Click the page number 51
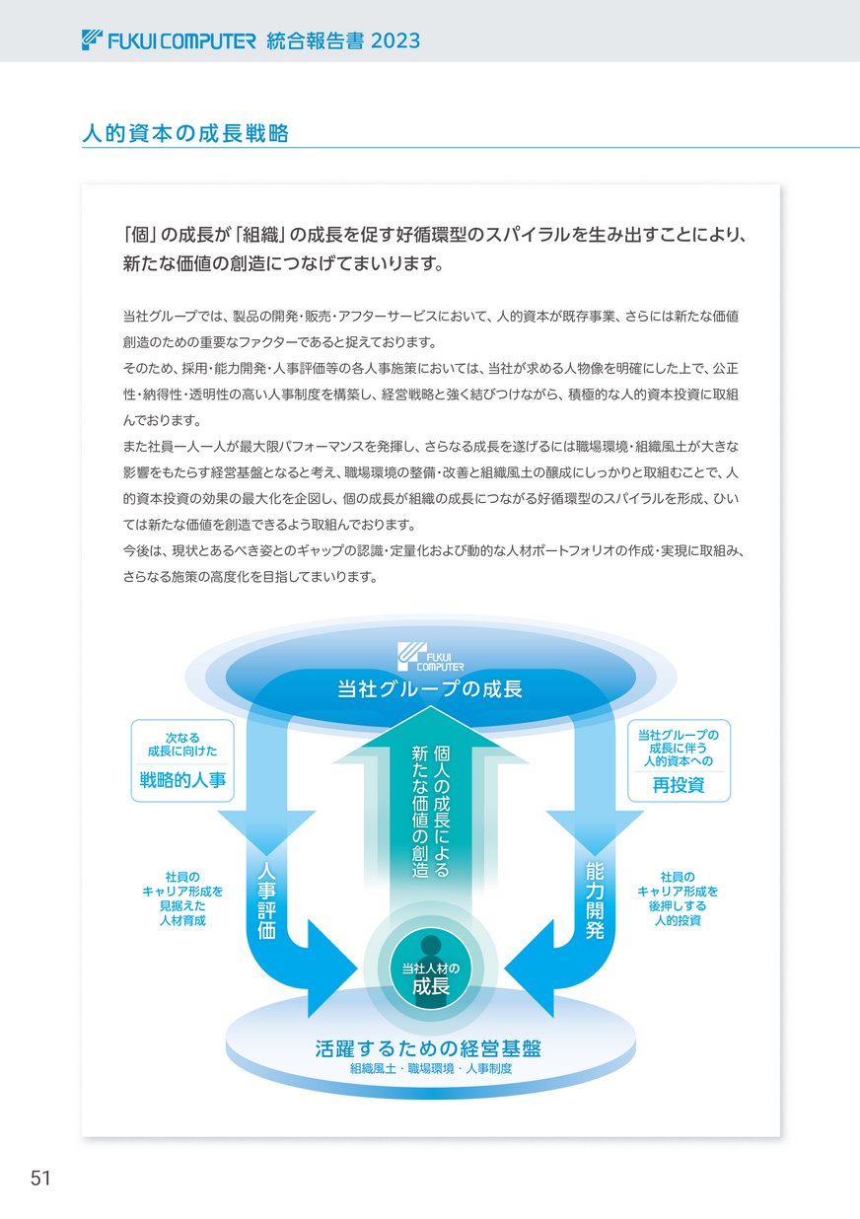(40, 1179)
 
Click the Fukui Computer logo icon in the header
(92, 40)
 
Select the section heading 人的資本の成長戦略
(185, 133)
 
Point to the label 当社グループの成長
(430, 689)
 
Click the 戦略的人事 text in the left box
(182, 780)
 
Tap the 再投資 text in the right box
(679, 785)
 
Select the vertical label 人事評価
(266, 899)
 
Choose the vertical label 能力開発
(595, 899)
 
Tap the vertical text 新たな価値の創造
(420, 812)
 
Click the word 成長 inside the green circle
(431, 986)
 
